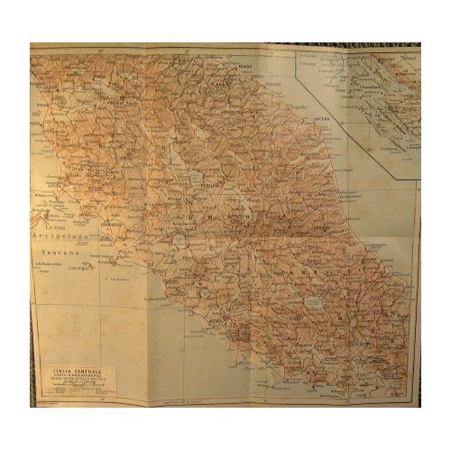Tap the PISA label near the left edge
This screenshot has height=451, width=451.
coord(40,115)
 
